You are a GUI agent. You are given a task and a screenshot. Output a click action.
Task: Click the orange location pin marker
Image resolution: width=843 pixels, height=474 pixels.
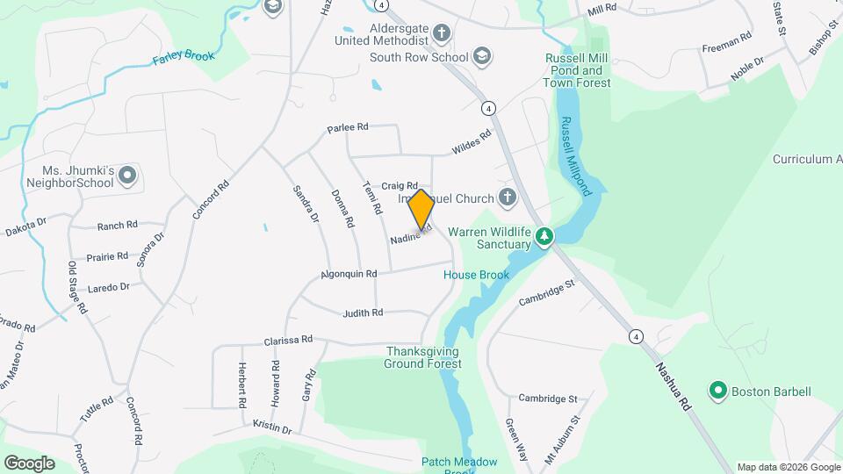pos(421,210)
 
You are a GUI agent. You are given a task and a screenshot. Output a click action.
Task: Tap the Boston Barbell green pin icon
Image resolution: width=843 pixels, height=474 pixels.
pos(717,391)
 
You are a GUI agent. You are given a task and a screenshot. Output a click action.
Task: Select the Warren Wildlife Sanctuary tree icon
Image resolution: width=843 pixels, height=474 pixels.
pos(544,237)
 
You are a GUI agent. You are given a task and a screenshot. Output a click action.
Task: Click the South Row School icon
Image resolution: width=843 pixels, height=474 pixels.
pos(481,57)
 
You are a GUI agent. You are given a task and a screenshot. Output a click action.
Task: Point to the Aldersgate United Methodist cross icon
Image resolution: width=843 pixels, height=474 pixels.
pos(441,34)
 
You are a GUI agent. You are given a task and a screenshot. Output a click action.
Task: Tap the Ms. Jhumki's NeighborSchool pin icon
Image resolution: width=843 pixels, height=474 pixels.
pos(127,176)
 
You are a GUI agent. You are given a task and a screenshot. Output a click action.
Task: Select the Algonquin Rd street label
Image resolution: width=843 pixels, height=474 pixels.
pos(349,274)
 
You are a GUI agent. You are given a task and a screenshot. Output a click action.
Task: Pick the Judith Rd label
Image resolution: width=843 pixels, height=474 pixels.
pos(363,312)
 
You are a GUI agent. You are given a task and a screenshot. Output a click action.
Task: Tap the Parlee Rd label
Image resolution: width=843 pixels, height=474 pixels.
pos(347,127)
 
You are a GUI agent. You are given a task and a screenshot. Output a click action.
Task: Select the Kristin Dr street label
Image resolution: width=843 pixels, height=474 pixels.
pos(271,427)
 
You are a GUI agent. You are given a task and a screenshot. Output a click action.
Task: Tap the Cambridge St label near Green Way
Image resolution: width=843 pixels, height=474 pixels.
pos(547,399)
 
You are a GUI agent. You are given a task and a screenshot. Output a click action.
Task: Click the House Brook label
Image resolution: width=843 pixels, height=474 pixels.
pos(476,275)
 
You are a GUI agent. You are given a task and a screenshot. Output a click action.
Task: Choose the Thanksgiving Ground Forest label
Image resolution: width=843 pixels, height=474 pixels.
pos(423,356)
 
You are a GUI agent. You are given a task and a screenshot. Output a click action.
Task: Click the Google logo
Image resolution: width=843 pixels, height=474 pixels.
pos(29,463)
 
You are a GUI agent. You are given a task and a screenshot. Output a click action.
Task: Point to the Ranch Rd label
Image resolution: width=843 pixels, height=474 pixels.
pos(118,226)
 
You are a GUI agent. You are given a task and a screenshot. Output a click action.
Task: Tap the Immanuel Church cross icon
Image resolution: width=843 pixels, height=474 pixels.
pos(507,198)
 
